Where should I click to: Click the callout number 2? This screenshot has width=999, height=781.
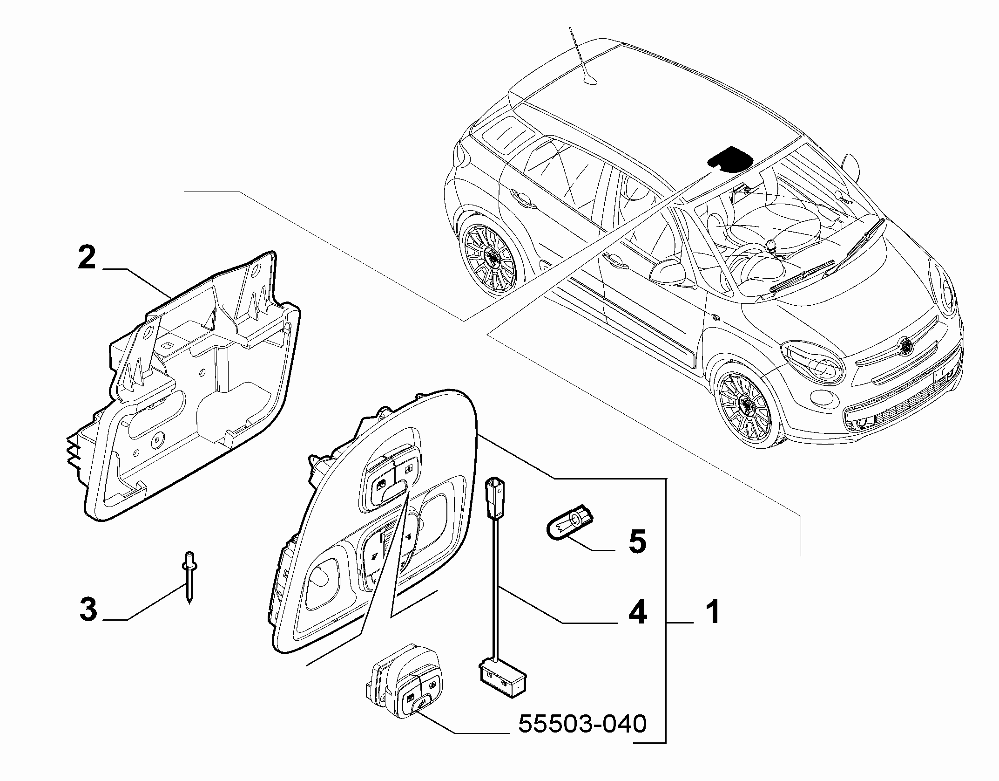pos(87,258)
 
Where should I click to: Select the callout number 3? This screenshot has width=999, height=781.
pos(88,610)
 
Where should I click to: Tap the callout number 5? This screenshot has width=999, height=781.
pos(637,542)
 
